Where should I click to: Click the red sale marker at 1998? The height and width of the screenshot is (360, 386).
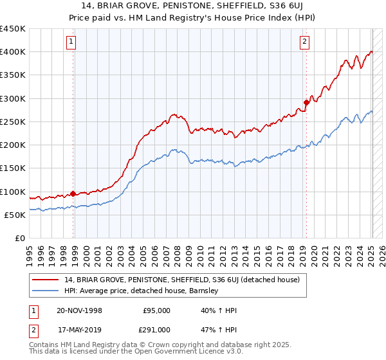pyautogui.click(x=73, y=193)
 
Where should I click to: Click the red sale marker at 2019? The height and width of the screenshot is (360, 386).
pyautogui.click(x=306, y=102)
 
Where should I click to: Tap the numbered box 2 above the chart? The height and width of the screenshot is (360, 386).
pyautogui.click(x=304, y=42)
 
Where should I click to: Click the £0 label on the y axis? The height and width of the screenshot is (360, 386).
pyautogui.click(x=19, y=238)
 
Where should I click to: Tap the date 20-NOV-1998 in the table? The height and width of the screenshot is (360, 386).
pyautogui.click(x=78, y=310)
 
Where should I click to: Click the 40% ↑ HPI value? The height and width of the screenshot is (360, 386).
pyautogui.click(x=219, y=310)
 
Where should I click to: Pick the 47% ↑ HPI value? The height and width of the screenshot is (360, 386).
pyautogui.click(x=219, y=329)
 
